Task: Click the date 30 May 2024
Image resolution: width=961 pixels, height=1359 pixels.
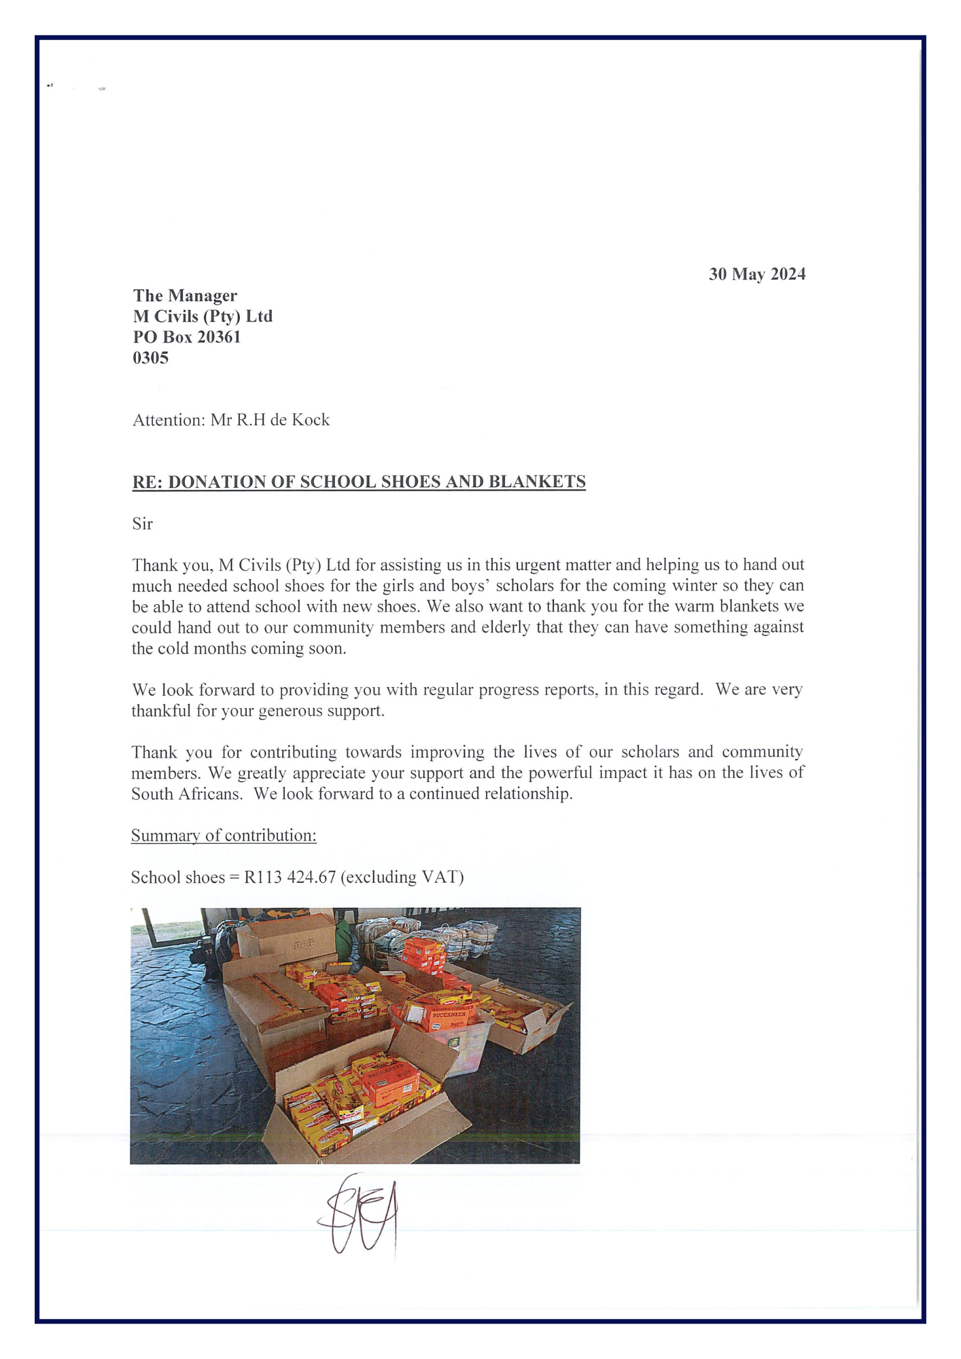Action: click(x=756, y=274)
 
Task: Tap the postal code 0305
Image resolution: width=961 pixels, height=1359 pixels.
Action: click(x=150, y=357)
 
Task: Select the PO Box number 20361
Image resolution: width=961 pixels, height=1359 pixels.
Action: click(x=219, y=337)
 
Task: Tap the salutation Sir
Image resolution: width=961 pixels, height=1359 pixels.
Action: click(x=142, y=524)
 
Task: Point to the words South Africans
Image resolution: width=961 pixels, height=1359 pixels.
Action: click(x=186, y=794)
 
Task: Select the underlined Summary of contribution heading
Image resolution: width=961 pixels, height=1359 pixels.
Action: click(x=224, y=835)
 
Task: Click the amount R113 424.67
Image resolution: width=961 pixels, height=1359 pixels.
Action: click(x=290, y=877)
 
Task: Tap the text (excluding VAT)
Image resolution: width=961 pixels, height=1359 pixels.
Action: click(x=402, y=877)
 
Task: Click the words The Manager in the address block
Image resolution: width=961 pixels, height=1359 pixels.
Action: click(x=185, y=296)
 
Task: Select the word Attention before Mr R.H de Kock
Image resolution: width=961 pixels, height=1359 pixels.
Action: click(x=168, y=420)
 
